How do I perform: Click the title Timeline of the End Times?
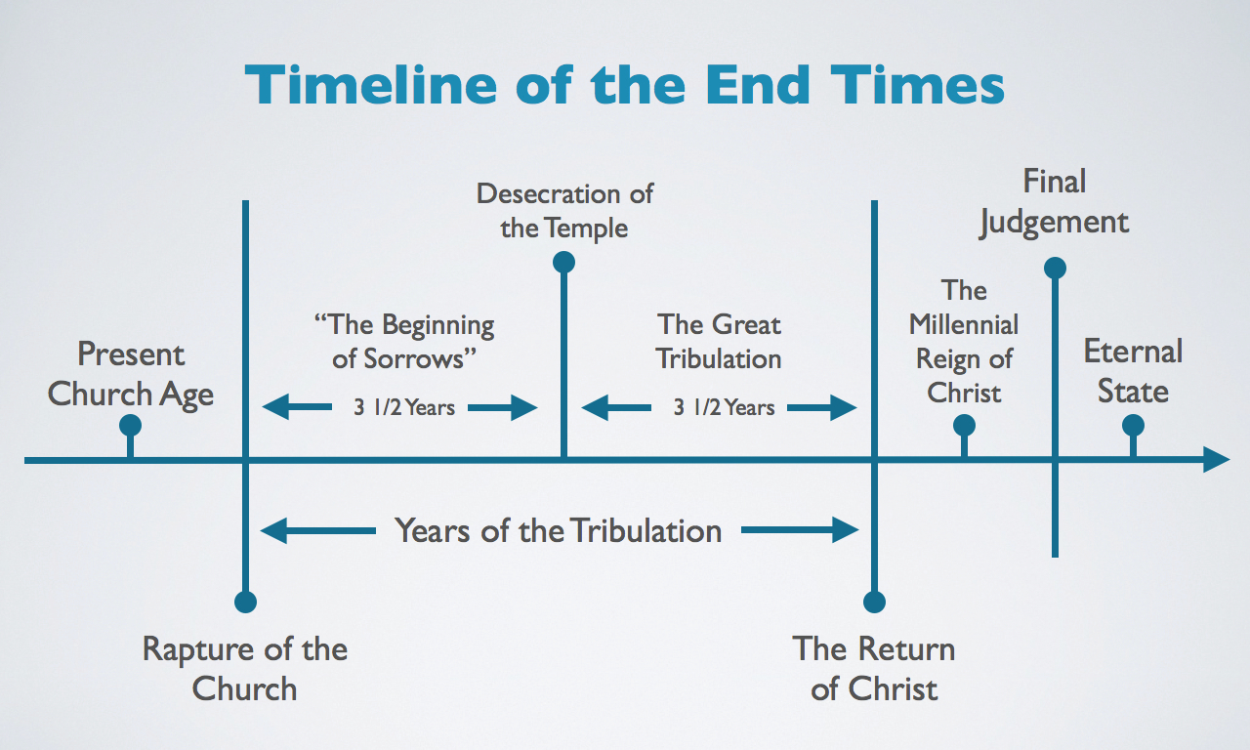click(x=625, y=85)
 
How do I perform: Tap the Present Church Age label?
click(x=131, y=373)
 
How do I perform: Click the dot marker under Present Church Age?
click(x=130, y=425)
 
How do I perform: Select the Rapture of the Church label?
click(x=245, y=668)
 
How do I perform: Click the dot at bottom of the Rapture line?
click(x=245, y=602)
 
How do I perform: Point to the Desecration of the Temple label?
click(x=564, y=210)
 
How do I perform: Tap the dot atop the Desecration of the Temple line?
click(x=563, y=262)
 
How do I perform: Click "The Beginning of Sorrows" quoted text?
click(x=403, y=341)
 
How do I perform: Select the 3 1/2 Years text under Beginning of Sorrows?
click(x=403, y=407)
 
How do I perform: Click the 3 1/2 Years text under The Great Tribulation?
click(x=724, y=407)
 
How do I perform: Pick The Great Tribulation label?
click(x=719, y=341)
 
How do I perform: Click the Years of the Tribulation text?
click(x=559, y=530)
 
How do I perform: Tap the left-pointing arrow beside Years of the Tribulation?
click(x=317, y=531)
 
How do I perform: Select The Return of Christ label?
click(x=874, y=668)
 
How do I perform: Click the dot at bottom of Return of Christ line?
click(x=874, y=602)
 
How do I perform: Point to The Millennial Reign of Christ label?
click(x=964, y=342)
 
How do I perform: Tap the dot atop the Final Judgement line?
click(x=1055, y=268)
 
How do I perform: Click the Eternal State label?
click(x=1133, y=371)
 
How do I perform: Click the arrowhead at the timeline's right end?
click(x=1216, y=460)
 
